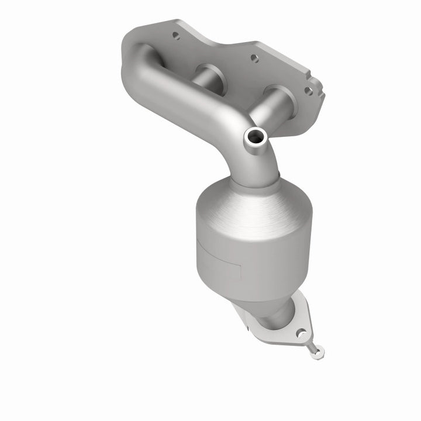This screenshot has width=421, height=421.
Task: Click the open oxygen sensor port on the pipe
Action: pyautogui.click(x=256, y=137)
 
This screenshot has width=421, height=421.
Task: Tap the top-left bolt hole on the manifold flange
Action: pyautogui.click(x=174, y=36)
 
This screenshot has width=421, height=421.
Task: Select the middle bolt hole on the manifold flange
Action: pyautogui.click(x=252, y=58)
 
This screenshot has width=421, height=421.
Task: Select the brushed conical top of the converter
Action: pyautogui.click(x=251, y=199)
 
